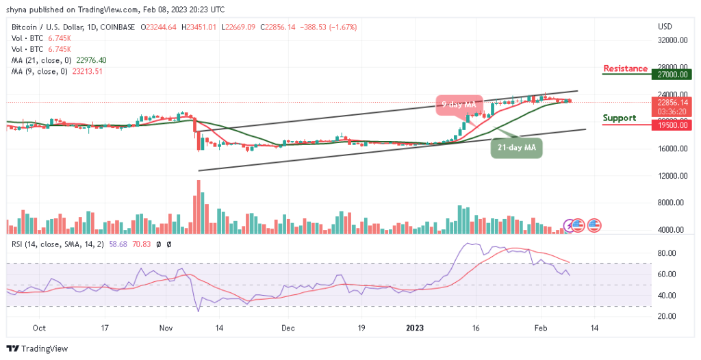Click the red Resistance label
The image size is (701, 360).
click(625, 68)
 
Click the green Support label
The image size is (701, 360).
click(619, 118)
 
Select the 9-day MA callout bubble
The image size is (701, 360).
click(458, 105)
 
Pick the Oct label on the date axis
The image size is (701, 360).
click(39, 329)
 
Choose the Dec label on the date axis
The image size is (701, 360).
click(288, 329)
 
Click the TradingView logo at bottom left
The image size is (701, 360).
click(38, 349)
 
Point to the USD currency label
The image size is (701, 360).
click(665, 27)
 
